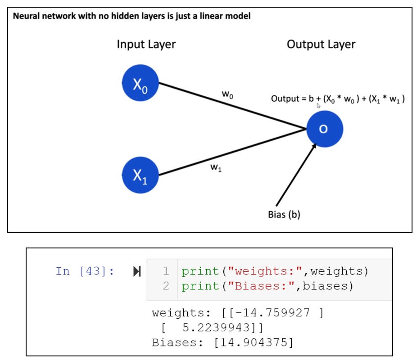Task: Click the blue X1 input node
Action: pyautogui.click(x=140, y=175)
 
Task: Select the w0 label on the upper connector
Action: pyautogui.click(x=227, y=94)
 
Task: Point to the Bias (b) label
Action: pyautogui.click(x=284, y=215)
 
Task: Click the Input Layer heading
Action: pyautogui.click(x=146, y=44)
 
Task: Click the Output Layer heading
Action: pyautogui.click(x=321, y=44)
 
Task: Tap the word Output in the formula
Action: pyautogui.click(x=284, y=99)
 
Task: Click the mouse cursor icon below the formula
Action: pyautogui.click(x=319, y=106)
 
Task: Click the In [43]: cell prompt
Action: pyautogui.click(x=85, y=271)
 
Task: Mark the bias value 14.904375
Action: pyautogui.click(x=254, y=342)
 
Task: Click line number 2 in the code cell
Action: pyautogui.click(x=166, y=286)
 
